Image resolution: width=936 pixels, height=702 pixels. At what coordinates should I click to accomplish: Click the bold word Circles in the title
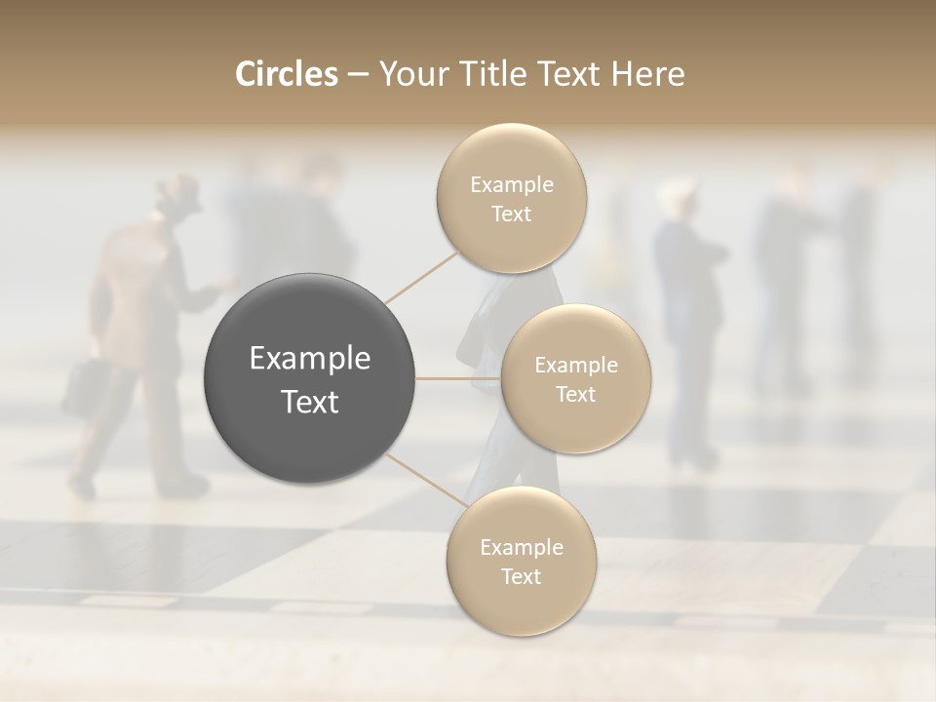pos(287,74)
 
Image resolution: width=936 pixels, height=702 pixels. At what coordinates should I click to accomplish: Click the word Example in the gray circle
pos(310,359)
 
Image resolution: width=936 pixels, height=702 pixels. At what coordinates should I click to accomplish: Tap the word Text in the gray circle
pos(310,402)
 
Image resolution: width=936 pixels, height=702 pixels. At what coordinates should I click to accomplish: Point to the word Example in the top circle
pos(512,185)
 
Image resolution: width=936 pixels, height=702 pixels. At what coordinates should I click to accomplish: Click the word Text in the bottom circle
pos(521,577)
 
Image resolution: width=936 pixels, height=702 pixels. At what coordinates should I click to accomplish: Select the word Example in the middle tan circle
pos(575,366)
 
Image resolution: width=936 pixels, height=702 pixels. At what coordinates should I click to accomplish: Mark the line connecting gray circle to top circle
pos(421,277)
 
